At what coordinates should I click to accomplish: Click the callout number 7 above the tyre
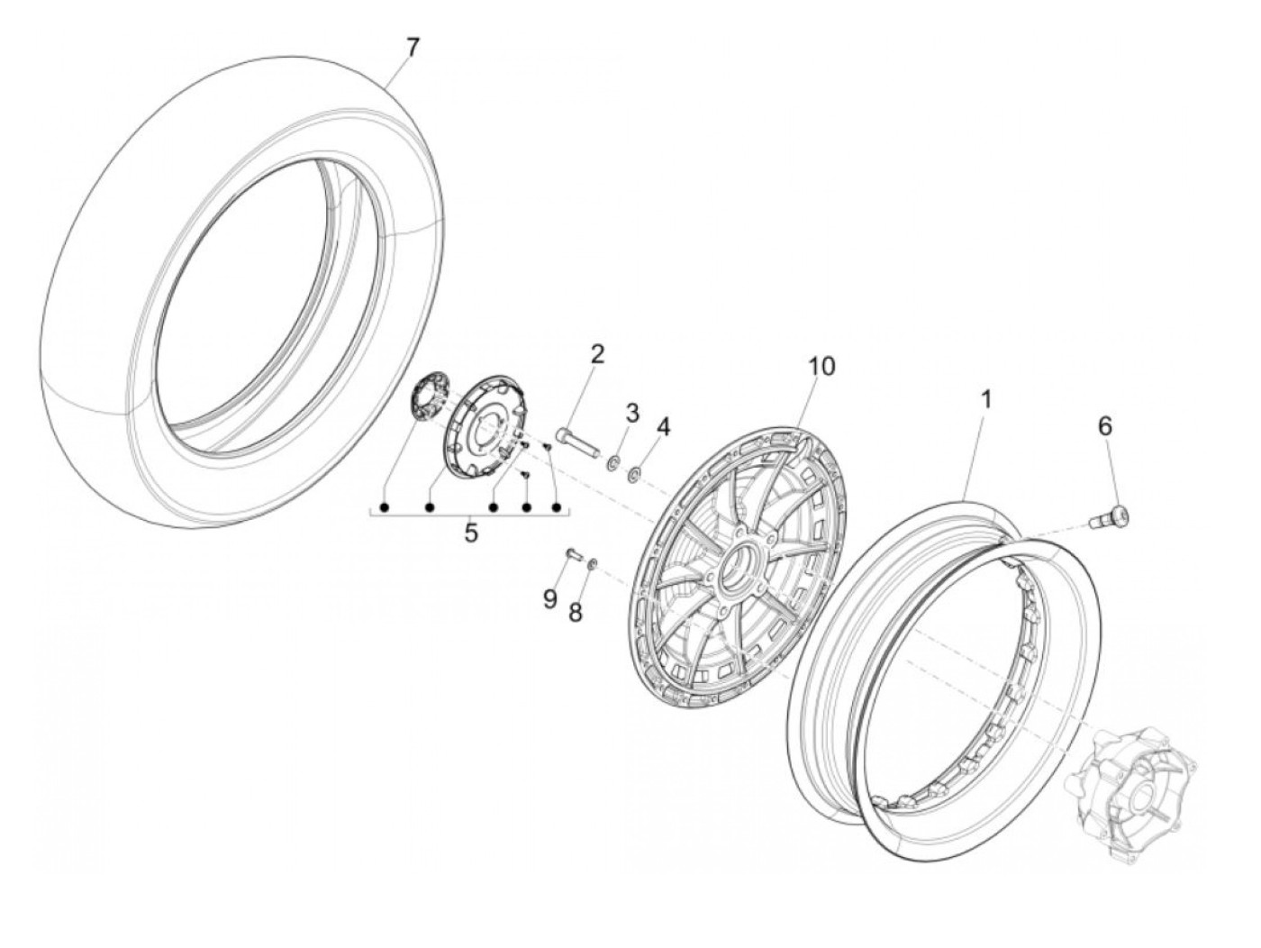pyautogui.click(x=412, y=48)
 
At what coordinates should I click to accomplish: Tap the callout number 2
pyautogui.click(x=597, y=354)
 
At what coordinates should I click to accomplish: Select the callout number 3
pyautogui.click(x=631, y=413)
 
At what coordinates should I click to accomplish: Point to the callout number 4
pyautogui.click(x=663, y=427)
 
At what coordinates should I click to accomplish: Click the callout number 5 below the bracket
pyautogui.click(x=470, y=533)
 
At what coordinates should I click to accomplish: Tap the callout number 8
pyautogui.click(x=575, y=613)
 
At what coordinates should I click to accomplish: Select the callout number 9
pyautogui.click(x=549, y=600)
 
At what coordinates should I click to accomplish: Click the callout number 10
pyautogui.click(x=821, y=366)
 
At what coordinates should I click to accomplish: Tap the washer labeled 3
pyautogui.click(x=613, y=446)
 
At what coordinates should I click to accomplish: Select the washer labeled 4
pyautogui.click(x=635, y=459)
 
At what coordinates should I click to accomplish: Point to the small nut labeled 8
pyautogui.click(x=593, y=562)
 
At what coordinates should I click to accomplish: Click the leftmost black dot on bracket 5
pyautogui.click(x=386, y=507)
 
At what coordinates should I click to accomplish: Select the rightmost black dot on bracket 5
pyautogui.click(x=556, y=507)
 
